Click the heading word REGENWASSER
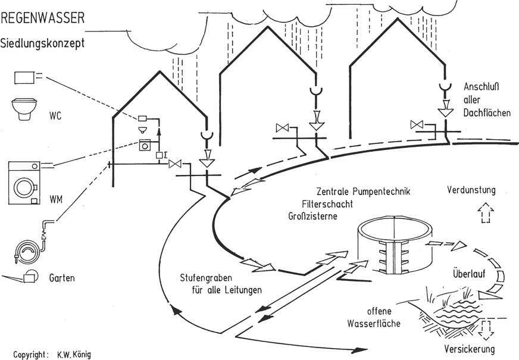tap(42, 18)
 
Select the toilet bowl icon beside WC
tap(22, 110)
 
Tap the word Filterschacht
tap(328, 204)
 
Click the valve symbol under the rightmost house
tap(417, 124)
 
